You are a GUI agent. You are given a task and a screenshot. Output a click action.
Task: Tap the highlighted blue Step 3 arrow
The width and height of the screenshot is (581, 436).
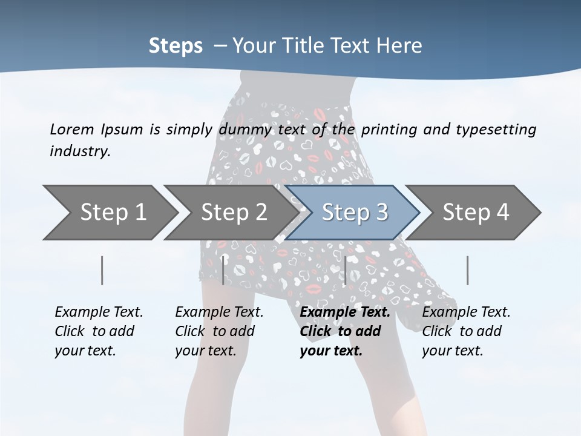pos(355,213)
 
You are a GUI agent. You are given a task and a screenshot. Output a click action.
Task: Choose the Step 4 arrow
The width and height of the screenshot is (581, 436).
pos(476,213)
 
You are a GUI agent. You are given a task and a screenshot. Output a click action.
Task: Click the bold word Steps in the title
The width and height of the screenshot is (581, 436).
pos(176,46)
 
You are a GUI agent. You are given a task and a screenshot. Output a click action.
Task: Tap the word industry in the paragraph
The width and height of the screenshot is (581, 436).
pos(79,151)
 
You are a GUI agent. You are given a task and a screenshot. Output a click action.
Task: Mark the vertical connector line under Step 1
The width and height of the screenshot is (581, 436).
pos(102,270)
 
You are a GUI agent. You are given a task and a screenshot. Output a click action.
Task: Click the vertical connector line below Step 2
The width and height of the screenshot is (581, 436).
pos(223,270)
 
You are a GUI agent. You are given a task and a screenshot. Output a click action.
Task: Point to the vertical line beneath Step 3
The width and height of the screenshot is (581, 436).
pos(345,270)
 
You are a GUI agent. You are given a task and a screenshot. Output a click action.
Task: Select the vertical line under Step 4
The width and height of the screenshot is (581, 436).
pos(467,270)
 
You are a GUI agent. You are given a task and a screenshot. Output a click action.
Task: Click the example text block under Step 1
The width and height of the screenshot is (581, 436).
pos(99,331)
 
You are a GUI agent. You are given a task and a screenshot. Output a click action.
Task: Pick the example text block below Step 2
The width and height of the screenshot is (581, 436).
pos(219,331)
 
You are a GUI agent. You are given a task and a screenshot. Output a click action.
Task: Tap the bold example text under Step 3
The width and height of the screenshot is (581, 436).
pos(344,331)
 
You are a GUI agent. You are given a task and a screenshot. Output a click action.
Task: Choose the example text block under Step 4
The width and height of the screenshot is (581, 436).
pos(466,331)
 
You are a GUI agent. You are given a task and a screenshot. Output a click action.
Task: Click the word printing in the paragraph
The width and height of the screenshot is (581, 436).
pos(387,129)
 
